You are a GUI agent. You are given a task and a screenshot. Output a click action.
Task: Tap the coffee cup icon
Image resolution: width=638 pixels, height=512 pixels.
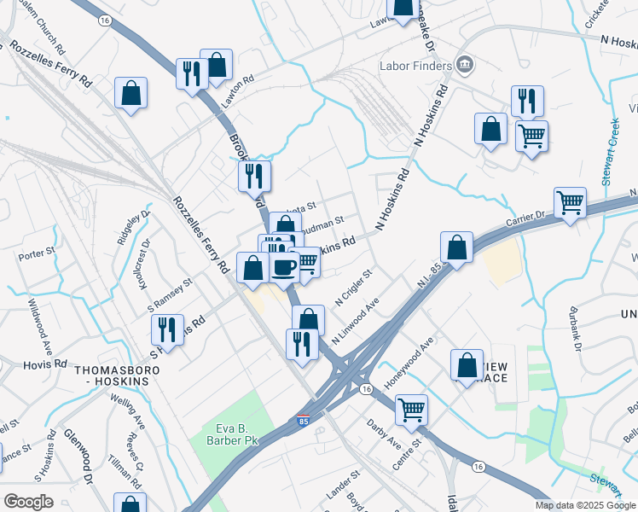285,266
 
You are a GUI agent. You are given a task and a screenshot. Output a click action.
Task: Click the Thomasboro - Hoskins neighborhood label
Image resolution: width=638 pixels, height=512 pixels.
112,375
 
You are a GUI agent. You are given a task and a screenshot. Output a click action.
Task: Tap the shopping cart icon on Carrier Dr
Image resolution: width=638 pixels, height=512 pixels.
570,203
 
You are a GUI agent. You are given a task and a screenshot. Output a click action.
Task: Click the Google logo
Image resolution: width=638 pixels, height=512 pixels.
28,502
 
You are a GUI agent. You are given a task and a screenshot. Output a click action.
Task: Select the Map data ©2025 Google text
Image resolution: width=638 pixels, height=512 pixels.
585,505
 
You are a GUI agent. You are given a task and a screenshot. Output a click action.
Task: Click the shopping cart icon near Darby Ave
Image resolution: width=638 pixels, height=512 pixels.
411,410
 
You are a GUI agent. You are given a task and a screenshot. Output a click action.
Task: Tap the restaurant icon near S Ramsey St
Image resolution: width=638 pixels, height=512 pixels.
167,330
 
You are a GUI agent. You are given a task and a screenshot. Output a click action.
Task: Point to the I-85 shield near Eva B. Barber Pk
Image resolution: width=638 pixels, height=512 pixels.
304,421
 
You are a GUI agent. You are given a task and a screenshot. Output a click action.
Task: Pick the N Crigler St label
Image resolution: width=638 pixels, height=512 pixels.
353,290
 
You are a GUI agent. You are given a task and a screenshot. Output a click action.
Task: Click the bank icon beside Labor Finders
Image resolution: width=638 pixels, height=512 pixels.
465,63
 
